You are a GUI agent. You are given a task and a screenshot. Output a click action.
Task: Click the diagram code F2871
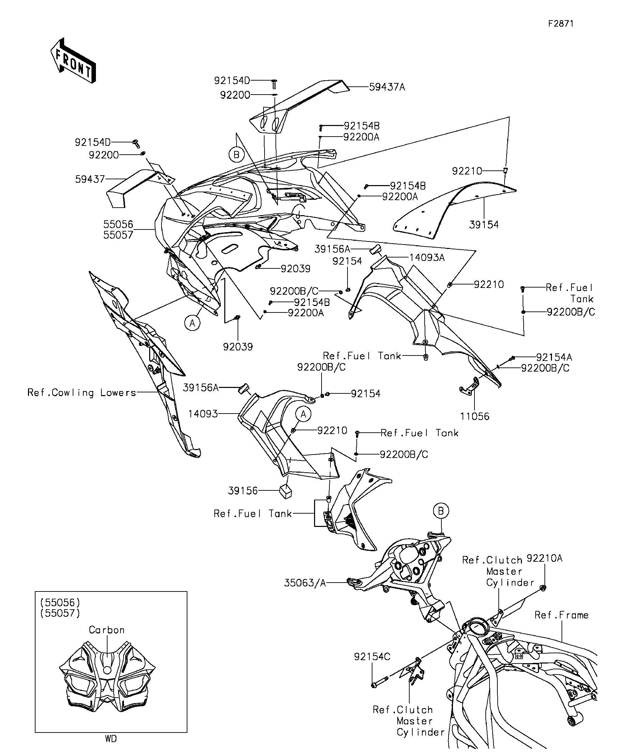(x=561, y=24)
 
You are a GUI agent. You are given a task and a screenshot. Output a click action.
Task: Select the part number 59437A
(x=387, y=87)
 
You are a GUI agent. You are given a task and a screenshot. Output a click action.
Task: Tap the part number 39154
(x=484, y=225)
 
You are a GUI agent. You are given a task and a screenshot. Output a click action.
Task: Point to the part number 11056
(x=475, y=416)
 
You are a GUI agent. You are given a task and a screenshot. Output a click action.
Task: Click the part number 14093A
(x=427, y=258)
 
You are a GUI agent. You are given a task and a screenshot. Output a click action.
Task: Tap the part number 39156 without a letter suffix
(x=243, y=490)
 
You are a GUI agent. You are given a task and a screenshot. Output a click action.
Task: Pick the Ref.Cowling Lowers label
(x=82, y=393)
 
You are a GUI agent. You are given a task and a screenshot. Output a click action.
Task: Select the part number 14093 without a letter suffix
(x=203, y=414)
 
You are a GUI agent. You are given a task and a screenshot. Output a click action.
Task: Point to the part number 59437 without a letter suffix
(x=90, y=179)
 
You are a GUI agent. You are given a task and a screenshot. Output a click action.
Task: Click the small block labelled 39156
(x=286, y=492)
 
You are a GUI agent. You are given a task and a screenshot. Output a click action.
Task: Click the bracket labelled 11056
(x=469, y=385)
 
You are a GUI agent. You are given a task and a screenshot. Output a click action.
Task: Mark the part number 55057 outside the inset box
(x=118, y=235)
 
